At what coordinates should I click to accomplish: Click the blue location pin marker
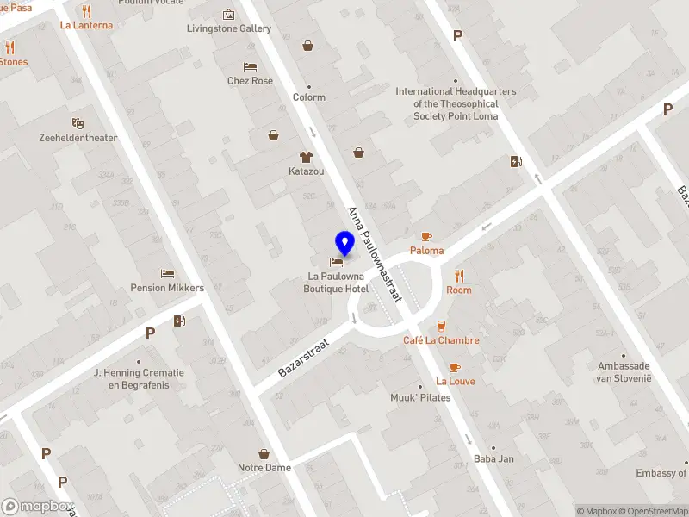point(344,244)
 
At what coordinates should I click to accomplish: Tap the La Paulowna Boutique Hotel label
point(338,283)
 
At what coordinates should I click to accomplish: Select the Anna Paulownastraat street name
point(375,253)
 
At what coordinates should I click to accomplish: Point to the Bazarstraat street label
point(305,357)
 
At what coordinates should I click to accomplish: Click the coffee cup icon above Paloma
point(425,236)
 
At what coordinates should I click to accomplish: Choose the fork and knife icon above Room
point(459,276)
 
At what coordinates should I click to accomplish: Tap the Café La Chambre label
point(441,340)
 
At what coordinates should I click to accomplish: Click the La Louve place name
point(455,381)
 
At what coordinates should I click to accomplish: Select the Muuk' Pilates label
point(421,398)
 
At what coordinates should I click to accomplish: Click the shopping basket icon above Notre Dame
point(264,453)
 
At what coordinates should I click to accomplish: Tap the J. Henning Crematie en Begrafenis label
point(140,379)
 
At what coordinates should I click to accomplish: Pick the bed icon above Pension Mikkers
point(167,273)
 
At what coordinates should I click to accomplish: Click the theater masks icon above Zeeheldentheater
point(78,123)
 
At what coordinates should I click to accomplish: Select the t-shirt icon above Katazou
point(306,157)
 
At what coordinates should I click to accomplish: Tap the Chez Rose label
point(250,81)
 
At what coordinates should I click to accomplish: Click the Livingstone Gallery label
point(229,28)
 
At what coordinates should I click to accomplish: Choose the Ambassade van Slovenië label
point(624,372)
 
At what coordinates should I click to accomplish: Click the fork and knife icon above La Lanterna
point(86,11)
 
